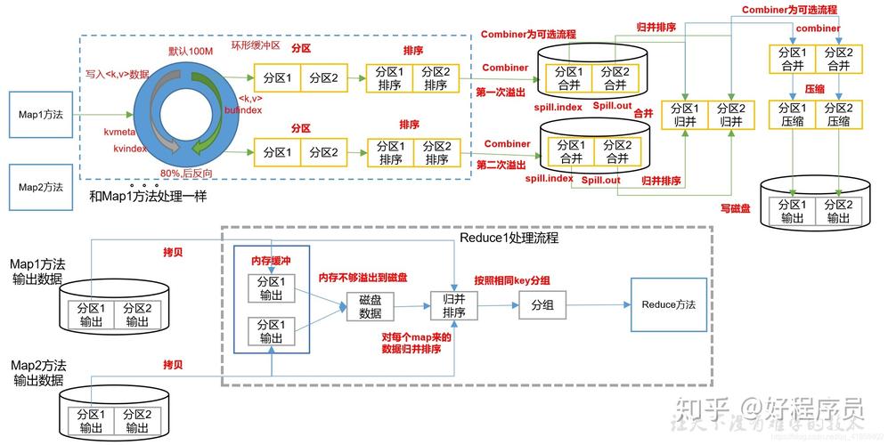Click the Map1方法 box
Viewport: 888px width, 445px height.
[41, 114]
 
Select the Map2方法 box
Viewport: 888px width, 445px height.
[41, 187]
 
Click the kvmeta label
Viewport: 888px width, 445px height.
[118, 131]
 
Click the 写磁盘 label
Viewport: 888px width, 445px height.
[735, 207]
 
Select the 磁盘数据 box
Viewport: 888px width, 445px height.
[370, 307]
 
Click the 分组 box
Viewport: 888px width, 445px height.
[542, 304]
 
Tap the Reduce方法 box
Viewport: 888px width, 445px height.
[668, 304]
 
